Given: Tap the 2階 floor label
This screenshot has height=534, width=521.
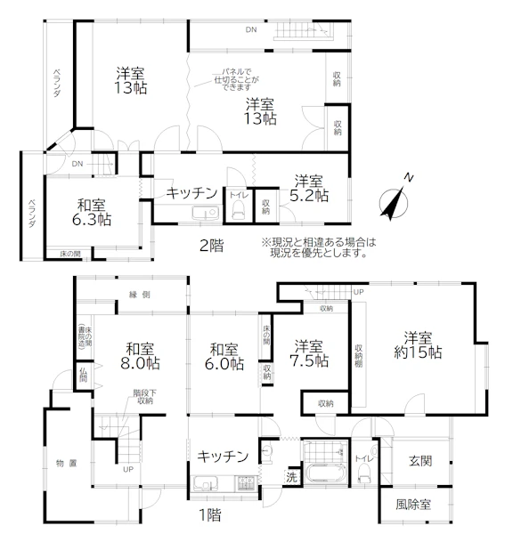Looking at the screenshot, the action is coord(211,246).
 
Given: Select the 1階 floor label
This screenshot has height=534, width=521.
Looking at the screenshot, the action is coord(209,514).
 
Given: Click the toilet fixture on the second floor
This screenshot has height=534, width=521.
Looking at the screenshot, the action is coord(238,209).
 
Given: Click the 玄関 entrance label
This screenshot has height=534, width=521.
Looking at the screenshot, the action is coord(420,461).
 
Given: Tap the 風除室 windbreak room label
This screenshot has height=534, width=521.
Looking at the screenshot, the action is coord(413,505).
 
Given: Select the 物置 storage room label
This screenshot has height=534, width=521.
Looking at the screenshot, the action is coord(67,463).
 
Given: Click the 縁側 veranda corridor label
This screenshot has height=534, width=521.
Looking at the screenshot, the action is coord(139,295).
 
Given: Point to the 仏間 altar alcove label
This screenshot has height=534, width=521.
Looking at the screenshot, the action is coord(83,375).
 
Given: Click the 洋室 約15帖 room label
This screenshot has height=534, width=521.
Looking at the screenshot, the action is coord(418,345).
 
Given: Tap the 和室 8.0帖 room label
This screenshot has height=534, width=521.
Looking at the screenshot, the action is coord(140,356).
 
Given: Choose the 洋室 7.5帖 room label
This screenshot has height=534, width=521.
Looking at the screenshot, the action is coord(309,353).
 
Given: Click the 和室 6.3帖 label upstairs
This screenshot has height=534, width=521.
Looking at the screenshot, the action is coord(92,213).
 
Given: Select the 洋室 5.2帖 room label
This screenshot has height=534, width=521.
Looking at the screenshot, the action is coord(309,189).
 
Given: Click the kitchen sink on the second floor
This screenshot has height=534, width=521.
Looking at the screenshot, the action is coord(206,214).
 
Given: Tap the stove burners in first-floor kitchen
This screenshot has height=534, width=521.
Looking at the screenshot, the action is coord(245,483).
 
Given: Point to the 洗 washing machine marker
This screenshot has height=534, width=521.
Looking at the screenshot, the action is coord(291,477).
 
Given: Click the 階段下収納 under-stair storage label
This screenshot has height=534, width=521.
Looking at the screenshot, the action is coord(145,397).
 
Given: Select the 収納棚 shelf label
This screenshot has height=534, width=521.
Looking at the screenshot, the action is coord(358,355).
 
